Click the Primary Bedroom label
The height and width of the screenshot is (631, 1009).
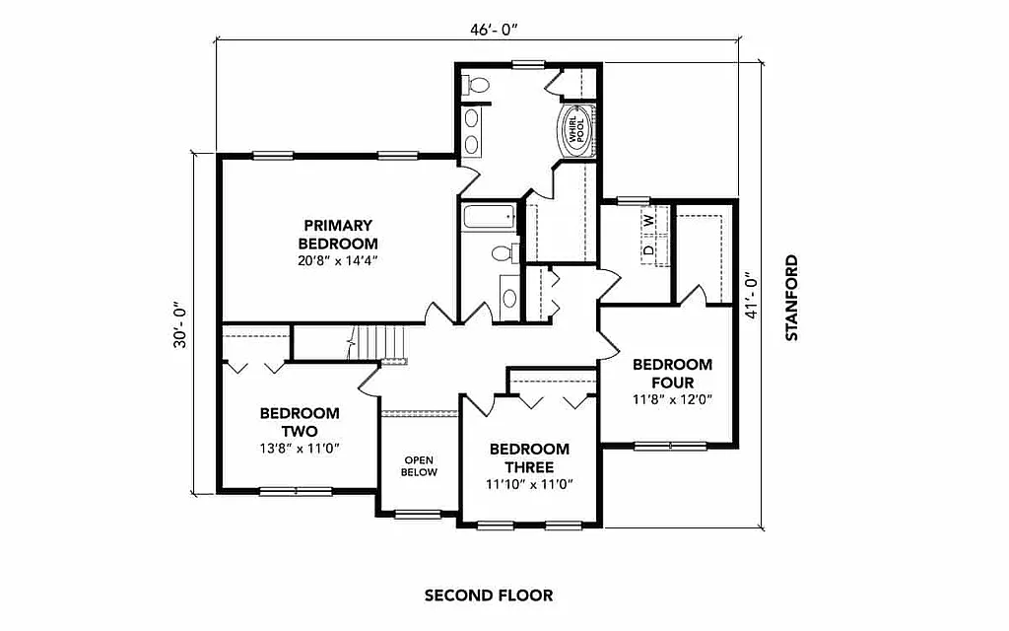coord(338,234)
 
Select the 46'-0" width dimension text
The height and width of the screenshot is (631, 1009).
coord(494,30)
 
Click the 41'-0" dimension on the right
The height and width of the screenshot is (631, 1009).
coord(754,296)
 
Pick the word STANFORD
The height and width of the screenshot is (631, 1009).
coord(791,298)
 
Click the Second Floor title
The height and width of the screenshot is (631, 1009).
coord(488,596)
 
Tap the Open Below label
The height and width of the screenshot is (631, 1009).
coord(419,465)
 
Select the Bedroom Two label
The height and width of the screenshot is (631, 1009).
coord(300,422)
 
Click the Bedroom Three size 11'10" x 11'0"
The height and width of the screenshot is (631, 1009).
coord(529,484)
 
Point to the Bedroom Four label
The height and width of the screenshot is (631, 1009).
coord(672,373)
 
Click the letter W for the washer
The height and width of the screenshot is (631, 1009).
coord(648,222)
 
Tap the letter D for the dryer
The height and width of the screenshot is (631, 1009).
coord(648,250)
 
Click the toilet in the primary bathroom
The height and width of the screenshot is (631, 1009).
coord(479,86)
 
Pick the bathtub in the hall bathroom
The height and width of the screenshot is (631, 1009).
coord(488,217)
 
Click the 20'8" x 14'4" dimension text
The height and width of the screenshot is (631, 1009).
coord(338,261)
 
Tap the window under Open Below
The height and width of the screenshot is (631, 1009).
coord(418,514)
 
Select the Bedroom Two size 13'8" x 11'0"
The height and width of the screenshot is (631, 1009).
coord(300,448)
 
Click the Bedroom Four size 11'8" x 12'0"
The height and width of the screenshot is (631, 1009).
coord(672,399)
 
